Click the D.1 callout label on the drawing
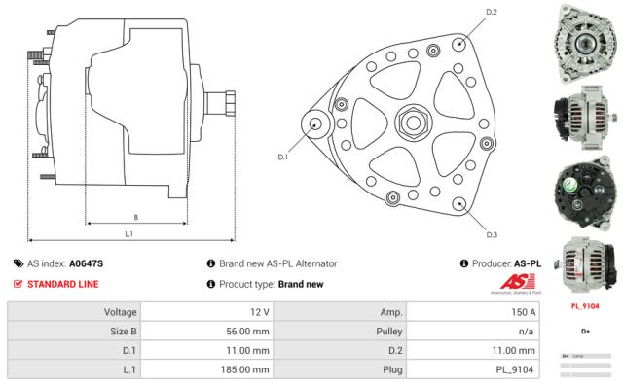[x=283, y=156]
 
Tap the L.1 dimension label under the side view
[x=128, y=233]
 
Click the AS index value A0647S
[x=87, y=263]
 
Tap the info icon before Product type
[x=210, y=284]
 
